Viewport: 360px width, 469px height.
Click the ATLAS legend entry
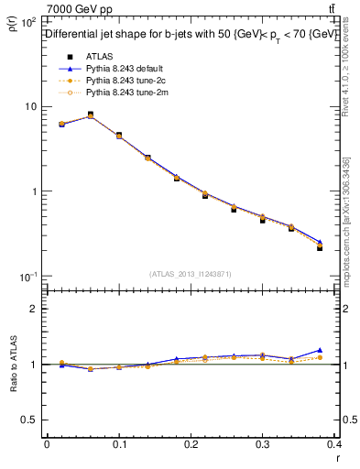(x=98, y=57)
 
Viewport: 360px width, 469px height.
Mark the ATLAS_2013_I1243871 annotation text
(x=191, y=274)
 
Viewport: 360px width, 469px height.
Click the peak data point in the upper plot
(x=90, y=115)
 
